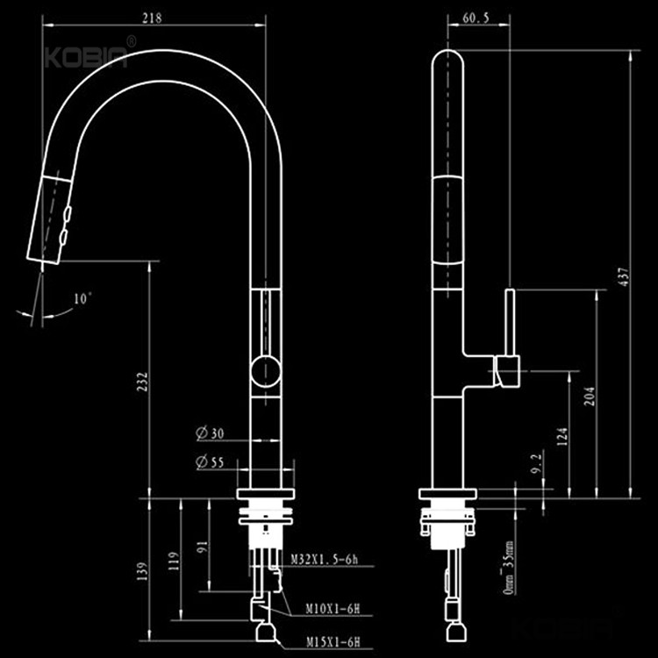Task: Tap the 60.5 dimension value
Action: click(x=474, y=17)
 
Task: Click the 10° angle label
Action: click(x=82, y=299)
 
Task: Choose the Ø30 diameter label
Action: click(x=209, y=433)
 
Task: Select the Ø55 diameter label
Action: click(x=209, y=462)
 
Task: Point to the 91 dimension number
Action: click(x=203, y=545)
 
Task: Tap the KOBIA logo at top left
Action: click(x=86, y=57)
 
